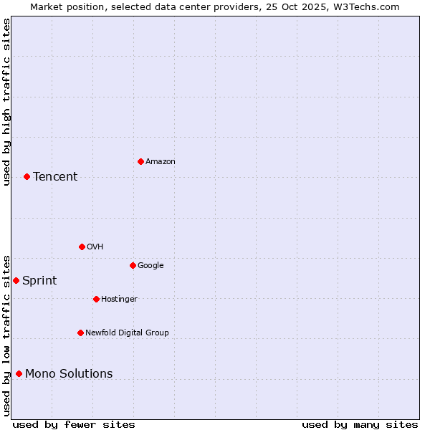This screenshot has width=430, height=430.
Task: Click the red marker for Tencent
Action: click(27, 176)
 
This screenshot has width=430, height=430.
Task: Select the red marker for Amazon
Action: click(140, 161)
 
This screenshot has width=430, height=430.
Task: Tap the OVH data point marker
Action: click(82, 247)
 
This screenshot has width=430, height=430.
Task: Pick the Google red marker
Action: click(133, 265)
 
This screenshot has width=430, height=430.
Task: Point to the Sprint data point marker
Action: click(16, 280)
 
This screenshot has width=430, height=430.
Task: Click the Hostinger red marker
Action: click(96, 299)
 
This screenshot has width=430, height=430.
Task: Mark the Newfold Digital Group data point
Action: click(80, 333)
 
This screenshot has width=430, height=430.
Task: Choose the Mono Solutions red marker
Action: click(19, 373)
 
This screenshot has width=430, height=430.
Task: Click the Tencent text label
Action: click(55, 177)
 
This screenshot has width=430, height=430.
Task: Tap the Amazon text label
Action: click(160, 162)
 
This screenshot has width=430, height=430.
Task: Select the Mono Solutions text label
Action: click(69, 374)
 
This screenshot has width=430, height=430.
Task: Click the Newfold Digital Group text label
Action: click(127, 333)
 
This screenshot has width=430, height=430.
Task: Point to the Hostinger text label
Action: click(119, 300)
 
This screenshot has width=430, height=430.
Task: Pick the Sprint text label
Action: click(39, 281)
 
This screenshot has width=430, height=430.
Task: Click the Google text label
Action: click(150, 266)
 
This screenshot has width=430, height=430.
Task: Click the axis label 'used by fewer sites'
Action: click(74, 424)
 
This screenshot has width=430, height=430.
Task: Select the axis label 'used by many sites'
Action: click(360, 424)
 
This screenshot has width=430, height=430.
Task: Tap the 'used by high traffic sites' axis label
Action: click(6, 102)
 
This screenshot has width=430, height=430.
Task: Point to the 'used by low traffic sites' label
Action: click(6, 335)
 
